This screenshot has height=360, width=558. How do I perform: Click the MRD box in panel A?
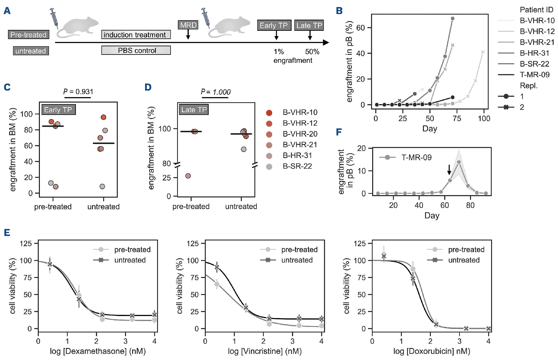point(188,25)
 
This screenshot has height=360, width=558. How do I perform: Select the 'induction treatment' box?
point(136,35)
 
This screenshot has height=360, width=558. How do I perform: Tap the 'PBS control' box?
point(136,50)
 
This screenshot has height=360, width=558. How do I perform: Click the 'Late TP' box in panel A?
point(309,26)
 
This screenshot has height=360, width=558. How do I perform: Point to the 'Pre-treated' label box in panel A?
point(28,35)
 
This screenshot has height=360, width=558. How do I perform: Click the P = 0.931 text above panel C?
point(78,92)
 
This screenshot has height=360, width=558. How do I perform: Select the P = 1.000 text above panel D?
point(216,92)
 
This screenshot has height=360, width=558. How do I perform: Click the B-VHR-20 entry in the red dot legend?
point(300,134)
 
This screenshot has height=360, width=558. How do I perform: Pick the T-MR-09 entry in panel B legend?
point(534,75)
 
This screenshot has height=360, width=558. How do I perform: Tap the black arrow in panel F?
point(449,169)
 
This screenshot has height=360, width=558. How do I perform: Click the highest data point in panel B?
point(452,19)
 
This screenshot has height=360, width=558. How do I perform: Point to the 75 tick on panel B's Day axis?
point(457,119)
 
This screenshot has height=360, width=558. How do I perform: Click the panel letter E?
point(7,233)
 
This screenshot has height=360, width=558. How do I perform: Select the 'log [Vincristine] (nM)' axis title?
point(265,351)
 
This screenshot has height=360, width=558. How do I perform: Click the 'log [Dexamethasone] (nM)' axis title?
point(98,351)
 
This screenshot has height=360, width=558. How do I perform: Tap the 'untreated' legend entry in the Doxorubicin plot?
point(464,260)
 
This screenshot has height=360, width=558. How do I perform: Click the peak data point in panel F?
point(459,162)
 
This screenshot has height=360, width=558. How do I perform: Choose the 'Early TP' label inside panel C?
point(58,110)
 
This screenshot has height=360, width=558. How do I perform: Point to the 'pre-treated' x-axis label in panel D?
point(191,207)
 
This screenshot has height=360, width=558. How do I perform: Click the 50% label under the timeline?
point(312,52)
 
